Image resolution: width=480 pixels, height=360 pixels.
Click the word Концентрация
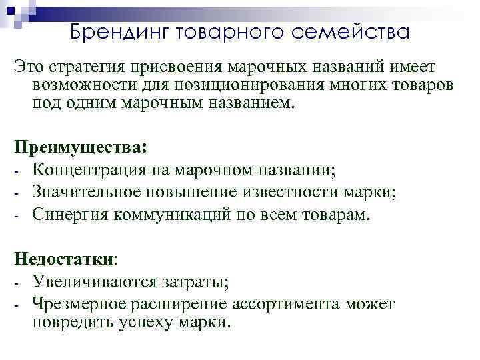pos(87,169)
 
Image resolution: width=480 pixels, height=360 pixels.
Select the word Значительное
pos(86,192)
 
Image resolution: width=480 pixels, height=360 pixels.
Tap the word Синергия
pos(69,215)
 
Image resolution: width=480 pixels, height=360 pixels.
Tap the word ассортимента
pos(291,304)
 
